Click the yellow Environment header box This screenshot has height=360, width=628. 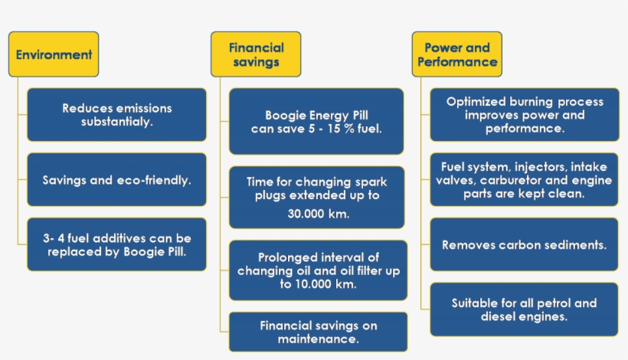pos(54,54)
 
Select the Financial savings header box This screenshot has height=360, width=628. pos(256,54)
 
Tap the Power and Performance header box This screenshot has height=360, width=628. pos(457,54)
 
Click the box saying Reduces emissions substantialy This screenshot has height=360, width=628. pos(116,115)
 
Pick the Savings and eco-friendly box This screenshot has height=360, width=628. pos(116,179)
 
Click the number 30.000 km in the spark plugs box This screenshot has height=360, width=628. pos(319,214)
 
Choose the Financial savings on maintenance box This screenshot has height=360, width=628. pos(319,332)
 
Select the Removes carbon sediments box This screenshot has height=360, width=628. pos(525,244)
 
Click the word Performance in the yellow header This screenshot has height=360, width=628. pos(457,62)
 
